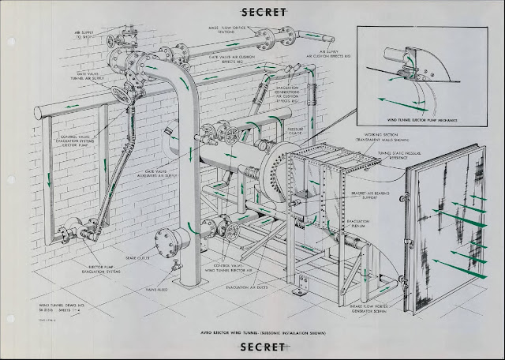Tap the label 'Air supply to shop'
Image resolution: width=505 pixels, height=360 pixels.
coord(84,36)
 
